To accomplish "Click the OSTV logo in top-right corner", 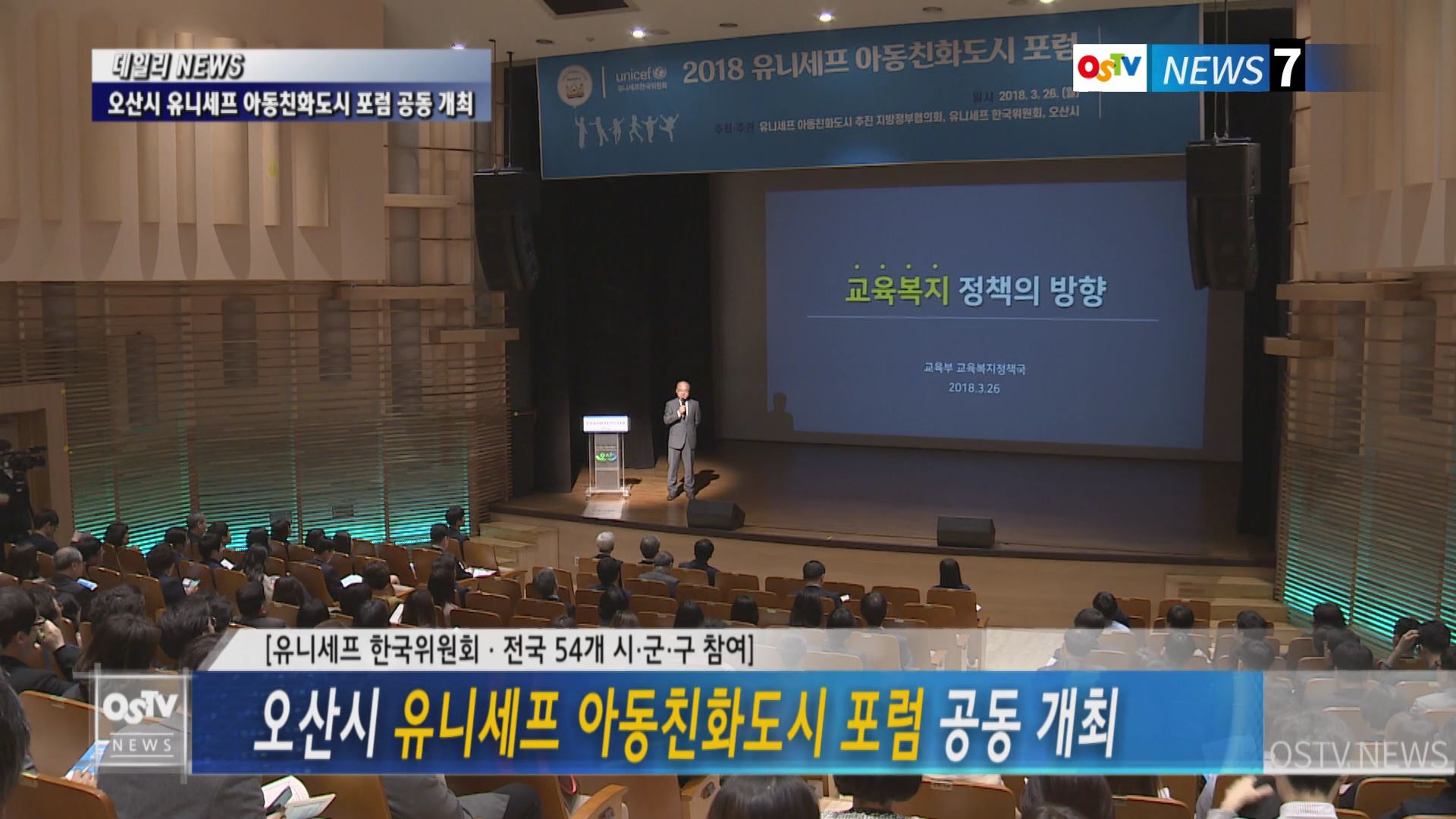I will pyautogui.click(x=1110, y=68).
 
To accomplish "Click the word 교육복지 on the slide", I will pyautogui.click(x=897, y=291).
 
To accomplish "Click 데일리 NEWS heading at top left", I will pyautogui.click(x=179, y=67).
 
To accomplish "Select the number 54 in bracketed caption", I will pyautogui.click(x=576, y=649).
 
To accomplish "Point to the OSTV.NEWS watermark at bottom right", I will pyautogui.click(x=1358, y=755).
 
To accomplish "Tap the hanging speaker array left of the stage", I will pyautogui.click(x=507, y=231).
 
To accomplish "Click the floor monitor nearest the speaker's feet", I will pyautogui.click(x=715, y=515).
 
